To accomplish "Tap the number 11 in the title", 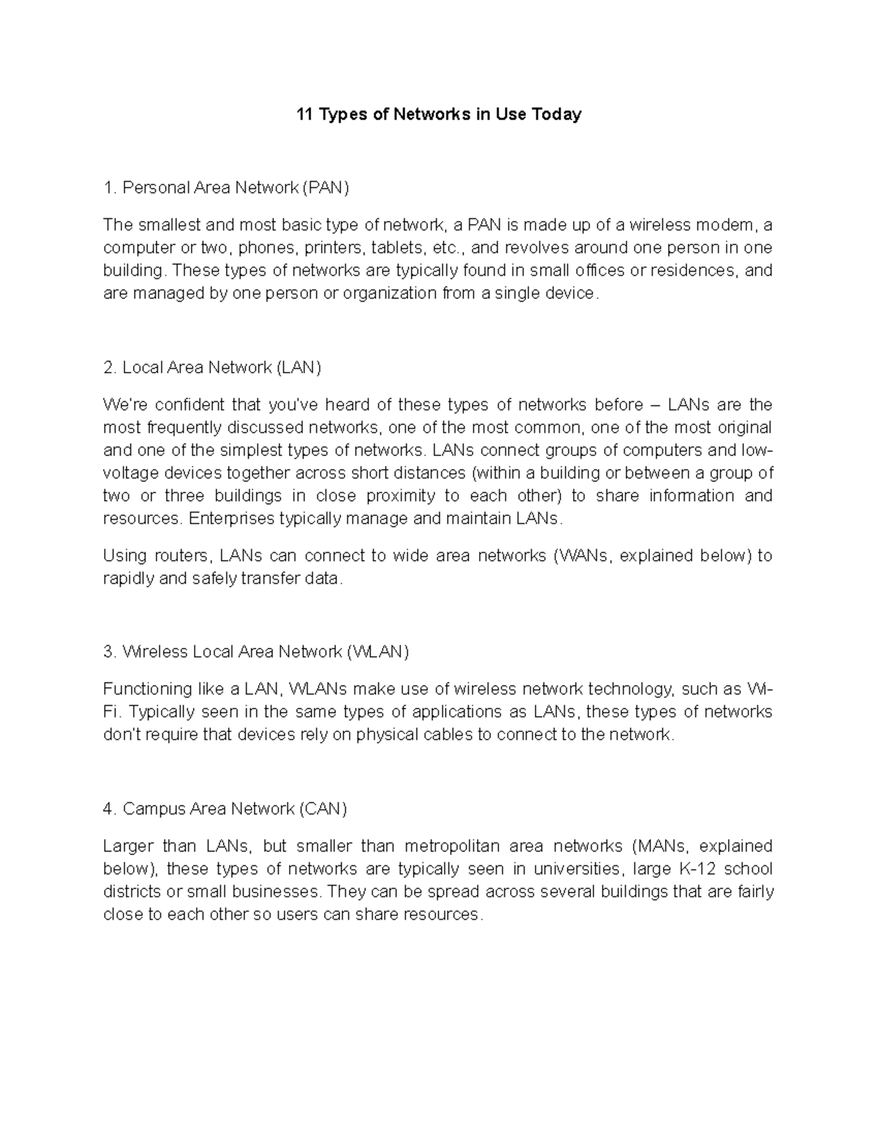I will (x=304, y=114).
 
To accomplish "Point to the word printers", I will (x=335, y=247).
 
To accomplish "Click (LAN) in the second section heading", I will (x=299, y=368).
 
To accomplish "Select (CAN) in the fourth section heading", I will (x=323, y=809).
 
